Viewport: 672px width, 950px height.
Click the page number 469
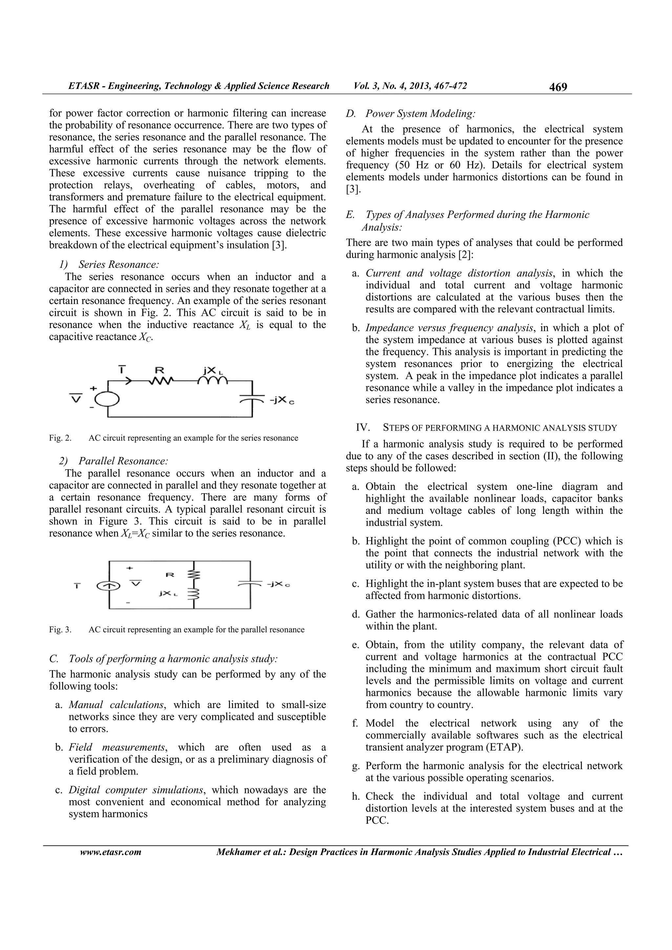click(558, 87)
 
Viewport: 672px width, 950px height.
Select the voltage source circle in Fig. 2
click(107, 399)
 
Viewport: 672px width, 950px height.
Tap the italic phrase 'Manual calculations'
click(116, 705)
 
